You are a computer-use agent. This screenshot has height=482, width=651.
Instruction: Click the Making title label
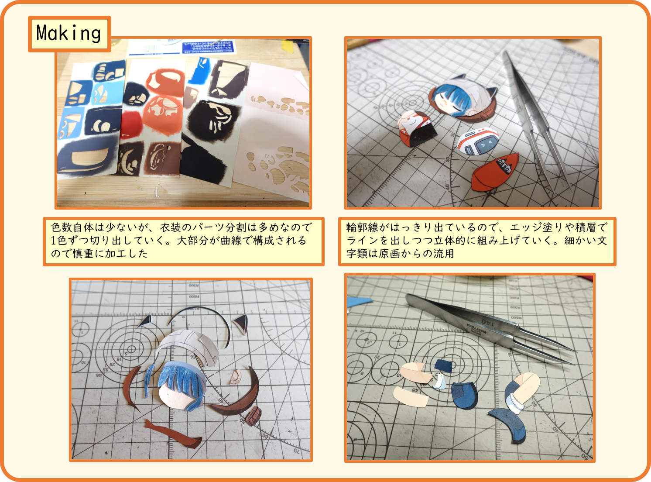(69, 34)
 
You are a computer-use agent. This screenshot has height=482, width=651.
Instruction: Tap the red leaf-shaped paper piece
(495, 172)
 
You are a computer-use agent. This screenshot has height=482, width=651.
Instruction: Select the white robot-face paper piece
(477, 141)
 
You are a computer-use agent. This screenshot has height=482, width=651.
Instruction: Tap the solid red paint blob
(130, 125)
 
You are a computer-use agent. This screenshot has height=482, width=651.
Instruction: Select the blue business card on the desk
(209, 48)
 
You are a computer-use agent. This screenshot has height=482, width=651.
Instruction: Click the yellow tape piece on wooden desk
(288, 46)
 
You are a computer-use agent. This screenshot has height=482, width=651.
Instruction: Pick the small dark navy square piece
(443, 366)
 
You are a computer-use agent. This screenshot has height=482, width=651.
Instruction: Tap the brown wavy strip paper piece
(173, 433)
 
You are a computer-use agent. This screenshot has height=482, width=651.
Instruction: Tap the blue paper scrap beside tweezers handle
(359, 302)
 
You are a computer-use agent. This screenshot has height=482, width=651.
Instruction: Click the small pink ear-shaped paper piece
(236, 377)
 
